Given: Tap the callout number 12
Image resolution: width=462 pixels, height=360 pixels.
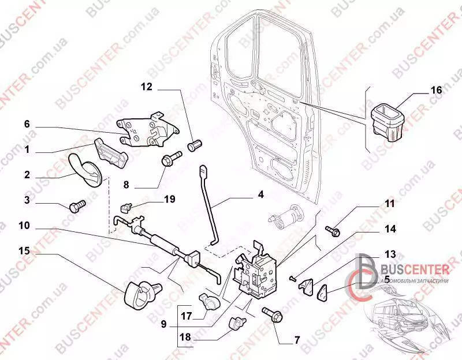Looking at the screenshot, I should tap(146, 87).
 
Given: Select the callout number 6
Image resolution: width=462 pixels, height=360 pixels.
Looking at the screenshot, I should tap(26, 124).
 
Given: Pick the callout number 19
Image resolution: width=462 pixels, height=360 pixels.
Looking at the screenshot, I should tap(169, 199).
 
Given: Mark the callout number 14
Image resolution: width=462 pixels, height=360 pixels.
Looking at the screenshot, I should tap(390, 228).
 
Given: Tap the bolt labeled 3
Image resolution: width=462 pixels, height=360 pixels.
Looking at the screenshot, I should tap(76, 206).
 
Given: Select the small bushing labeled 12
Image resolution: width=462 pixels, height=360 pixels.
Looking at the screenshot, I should tap(195, 142).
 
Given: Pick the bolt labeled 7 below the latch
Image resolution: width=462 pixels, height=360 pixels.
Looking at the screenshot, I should tap(270, 314).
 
